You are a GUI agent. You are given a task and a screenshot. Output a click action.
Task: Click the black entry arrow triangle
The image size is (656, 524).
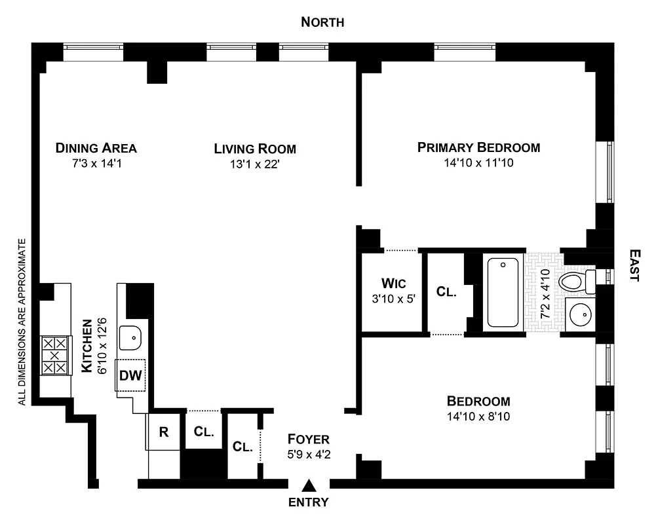point(308,485)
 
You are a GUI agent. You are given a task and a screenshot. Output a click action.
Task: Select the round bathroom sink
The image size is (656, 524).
point(579,316)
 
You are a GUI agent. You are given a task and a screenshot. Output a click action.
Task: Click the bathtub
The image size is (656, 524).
point(504,292)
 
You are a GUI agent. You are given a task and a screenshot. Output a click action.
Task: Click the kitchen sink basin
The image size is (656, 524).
point(131,337)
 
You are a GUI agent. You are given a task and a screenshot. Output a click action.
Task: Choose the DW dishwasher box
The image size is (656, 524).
point(130,376)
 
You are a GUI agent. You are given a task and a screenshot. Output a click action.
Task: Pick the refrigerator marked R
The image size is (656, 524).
point(164,432)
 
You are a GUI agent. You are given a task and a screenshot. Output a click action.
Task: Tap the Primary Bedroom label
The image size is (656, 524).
point(478,147)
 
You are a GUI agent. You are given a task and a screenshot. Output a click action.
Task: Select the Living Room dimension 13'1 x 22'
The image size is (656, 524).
point(255,164)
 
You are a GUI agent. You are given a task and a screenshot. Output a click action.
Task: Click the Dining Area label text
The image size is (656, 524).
point(96,147)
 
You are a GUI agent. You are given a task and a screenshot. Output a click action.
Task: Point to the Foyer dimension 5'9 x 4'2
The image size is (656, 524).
point(308,453)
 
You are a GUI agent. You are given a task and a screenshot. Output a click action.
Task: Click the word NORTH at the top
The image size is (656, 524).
point(322,22)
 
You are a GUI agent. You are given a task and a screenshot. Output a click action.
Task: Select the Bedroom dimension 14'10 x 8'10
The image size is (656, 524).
point(478,417)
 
